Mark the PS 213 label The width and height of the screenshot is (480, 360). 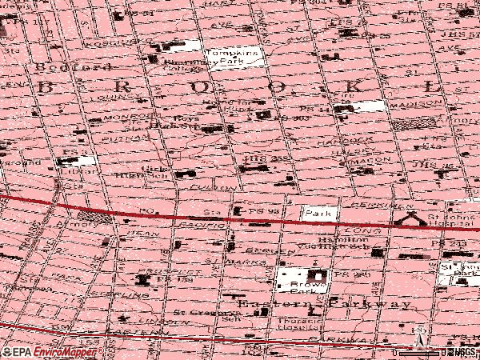[458, 243]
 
